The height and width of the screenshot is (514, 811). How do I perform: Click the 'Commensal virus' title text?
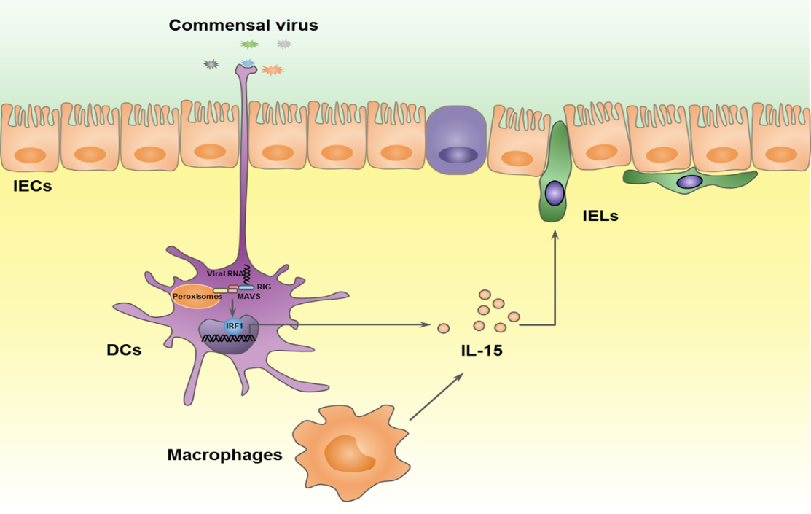pyautogui.click(x=243, y=26)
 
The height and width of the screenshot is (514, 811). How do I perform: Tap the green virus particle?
pyautogui.click(x=249, y=44)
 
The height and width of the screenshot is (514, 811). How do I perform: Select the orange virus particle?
pyautogui.click(x=273, y=70)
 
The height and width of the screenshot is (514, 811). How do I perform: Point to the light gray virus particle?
pyautogui.click(x=284, y=44)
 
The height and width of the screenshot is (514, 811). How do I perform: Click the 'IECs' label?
pyautogui.click(x=32, y=187)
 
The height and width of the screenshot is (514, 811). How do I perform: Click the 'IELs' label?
pyautogui.click(x=600, y=215)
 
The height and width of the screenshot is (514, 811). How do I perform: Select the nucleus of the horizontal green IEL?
pyautogui.click(x=689, y=180)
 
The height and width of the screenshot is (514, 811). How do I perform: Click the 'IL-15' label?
pyautogui.click(x=481, y=351)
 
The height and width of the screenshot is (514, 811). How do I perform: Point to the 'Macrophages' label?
pyautogui.click(x=224, y=455)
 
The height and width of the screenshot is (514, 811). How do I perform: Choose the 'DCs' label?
pyautogui.click(x=124, y=350)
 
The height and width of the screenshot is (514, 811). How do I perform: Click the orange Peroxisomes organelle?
pyautogui.click(x=195, y=297)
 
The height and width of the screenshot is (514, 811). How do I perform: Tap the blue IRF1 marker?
pyautogui.click(x=233, y=326)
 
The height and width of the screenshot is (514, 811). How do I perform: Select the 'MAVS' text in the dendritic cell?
pyautogui.click(x=248, y=297)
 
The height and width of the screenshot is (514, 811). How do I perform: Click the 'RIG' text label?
pyautogui.click(x=264, y=287)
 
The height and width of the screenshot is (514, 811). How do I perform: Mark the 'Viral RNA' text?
pyautogui.click(x=223, y=273)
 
